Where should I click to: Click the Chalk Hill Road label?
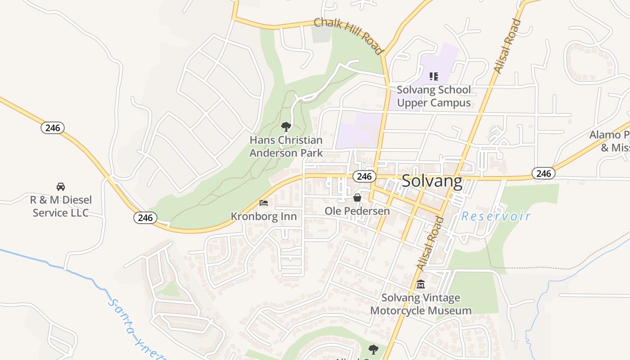pos(348,36)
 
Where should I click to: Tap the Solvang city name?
pos(432,181)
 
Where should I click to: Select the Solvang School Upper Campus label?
pos(434,96)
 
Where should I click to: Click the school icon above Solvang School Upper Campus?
pos(434,76)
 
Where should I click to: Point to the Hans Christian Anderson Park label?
pos(286,147)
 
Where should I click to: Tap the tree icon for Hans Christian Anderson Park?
pos(286,127)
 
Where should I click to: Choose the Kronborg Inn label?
pos(264,216)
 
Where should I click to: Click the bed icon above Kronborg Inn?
pos(264,203)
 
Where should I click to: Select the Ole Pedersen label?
pos(357,211)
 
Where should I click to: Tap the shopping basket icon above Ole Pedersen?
pos(357,198)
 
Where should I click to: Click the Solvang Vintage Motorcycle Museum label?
pos(421,304)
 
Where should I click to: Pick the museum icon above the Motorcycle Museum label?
pos(421,284)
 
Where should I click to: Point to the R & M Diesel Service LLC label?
pos(60,206)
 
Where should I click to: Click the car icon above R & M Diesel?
pos(60,186)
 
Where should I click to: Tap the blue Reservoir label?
pos(496,216)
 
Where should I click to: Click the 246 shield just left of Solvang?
pos(364,176)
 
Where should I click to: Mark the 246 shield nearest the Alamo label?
pos(544,173)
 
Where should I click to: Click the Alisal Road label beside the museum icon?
pos(429,244)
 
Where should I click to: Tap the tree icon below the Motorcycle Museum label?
pos(373,349)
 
